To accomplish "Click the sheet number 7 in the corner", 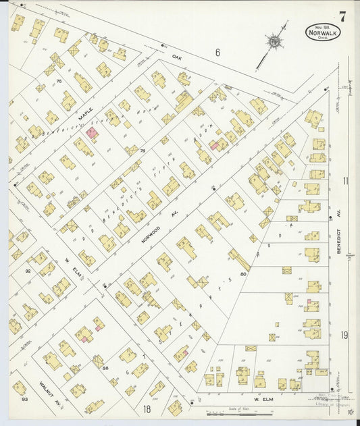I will tap(343, 16).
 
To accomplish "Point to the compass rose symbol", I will tap(274, 42).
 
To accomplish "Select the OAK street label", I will tap(178, 57).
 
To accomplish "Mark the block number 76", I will tap(59, 82).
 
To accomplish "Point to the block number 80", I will tap(243, 274).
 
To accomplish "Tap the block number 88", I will tap(105, 367).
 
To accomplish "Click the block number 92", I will tap(28, 271).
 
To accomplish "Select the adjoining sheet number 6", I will tap(217, 51).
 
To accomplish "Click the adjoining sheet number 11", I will tap(345, 181).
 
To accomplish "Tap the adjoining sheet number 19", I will tap(344, 335).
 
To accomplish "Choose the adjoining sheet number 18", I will tap(146, 409).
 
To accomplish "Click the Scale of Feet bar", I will tap(235, 414).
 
